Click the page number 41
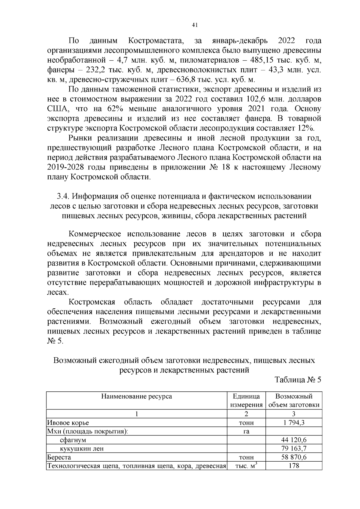(194, 25)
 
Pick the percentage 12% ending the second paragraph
(306, 128)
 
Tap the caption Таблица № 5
(298, 380)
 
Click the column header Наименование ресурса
(136, 396)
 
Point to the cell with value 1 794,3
(294, 423)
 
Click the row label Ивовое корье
(68, 423)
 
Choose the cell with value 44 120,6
(294, 440)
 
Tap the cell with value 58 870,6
(294, 457)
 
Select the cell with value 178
(294, 466)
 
